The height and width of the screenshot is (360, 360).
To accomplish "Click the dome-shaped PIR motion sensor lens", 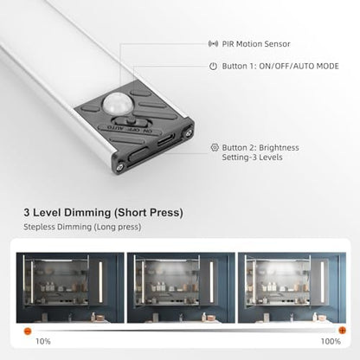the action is (114, 104).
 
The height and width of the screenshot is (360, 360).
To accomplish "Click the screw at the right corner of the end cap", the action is (189, 132).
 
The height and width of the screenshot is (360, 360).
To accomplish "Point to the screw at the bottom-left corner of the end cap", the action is (120, 166).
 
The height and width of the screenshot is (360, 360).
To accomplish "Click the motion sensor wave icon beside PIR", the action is (213, 44).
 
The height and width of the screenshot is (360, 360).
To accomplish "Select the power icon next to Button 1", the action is (213, 67).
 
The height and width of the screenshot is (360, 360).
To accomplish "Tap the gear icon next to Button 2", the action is (215, 147).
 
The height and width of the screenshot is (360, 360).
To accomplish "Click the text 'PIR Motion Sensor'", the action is (256, 44).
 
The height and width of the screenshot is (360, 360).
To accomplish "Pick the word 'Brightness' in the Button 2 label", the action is (279, 147).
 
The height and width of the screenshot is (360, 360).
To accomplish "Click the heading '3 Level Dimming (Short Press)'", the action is (103, 213).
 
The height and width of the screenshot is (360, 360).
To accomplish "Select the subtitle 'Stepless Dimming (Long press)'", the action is (82, 227).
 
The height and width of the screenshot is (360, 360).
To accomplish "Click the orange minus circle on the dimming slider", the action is (28, 331).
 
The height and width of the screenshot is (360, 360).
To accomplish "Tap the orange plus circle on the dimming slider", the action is (342, 331).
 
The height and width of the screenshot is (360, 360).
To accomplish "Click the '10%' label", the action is (43, 342).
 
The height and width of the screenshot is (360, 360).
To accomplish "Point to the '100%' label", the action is (331, 342).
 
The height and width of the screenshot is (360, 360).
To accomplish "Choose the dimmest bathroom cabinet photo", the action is (70, 288).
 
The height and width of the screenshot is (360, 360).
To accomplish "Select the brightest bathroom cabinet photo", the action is (292, 288).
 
